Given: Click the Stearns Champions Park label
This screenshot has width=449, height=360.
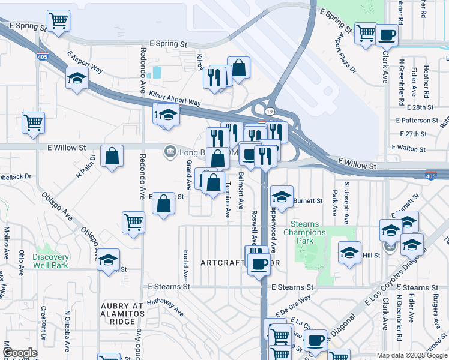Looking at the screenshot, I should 304,232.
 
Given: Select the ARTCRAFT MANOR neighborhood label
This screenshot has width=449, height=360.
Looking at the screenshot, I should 240,263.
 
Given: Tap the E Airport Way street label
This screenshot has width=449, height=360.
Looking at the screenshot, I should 85,62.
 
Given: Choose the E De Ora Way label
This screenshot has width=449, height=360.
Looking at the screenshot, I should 294,304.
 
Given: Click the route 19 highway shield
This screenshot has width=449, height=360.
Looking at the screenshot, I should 270,112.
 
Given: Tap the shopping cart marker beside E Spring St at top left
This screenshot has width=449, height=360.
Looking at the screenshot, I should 59,20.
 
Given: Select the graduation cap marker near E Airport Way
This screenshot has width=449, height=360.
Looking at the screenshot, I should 77,79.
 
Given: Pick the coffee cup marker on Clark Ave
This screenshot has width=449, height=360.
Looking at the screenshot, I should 387,35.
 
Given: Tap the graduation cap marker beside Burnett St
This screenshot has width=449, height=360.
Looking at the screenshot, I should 282,196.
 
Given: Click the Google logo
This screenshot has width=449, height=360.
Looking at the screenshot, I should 20,353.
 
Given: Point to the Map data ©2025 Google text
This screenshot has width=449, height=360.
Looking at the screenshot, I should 411,355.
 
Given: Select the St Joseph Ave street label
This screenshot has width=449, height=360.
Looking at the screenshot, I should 346,200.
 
